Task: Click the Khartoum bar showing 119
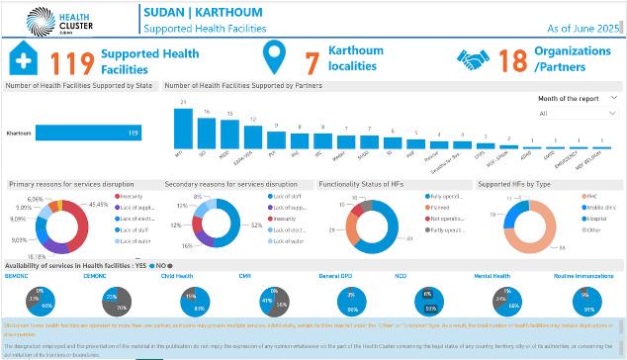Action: pyautogui.click(x=90, y=133)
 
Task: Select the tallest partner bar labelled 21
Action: pyautogui.click(x=183, y=133)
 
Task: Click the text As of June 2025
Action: pyautogui.click(x=578, y=31)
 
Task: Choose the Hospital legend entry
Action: pyautogui.click(x=597, y=219)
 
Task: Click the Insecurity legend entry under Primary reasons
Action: pyautogui.click(x=133, y=196)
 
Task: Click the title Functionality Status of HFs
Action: pyautogui.click(x=362, y=184)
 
